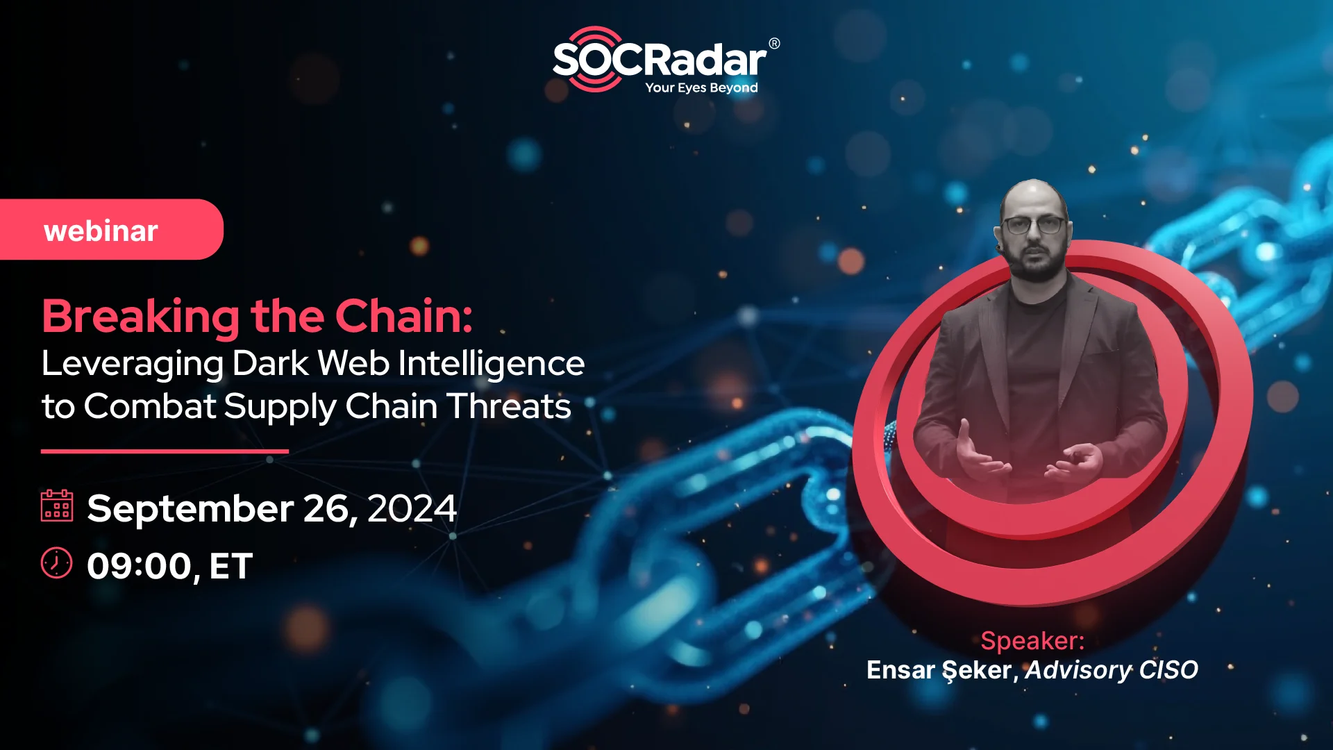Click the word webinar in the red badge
101,231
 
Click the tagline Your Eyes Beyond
701,87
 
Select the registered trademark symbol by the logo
774,44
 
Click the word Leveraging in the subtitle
132,364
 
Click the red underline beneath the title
165,451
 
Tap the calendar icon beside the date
57,505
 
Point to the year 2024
411,509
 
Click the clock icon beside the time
57,562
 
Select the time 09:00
139,566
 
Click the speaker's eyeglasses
1033,225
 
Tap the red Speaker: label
1032,640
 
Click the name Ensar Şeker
940,670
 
